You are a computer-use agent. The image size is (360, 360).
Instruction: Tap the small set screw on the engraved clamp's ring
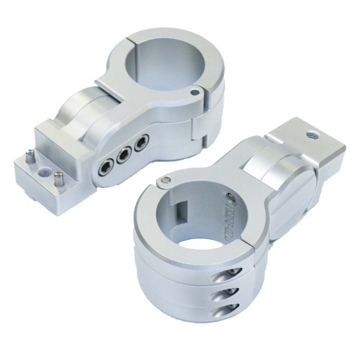pyautogui.click(x=230, y=197)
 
